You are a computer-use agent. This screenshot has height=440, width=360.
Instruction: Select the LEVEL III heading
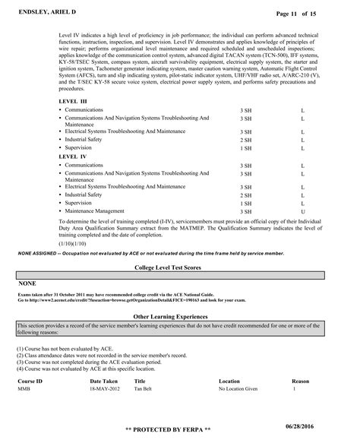point(73,100)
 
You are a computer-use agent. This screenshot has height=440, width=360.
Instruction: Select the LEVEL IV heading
point(72,157)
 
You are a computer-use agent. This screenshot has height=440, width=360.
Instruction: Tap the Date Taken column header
point(104,380)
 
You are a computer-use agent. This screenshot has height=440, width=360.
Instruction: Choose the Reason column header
point(301,380)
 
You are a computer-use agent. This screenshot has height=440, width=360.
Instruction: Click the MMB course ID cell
point(24,388)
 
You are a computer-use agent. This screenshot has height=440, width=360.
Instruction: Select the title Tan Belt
point(143,388)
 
